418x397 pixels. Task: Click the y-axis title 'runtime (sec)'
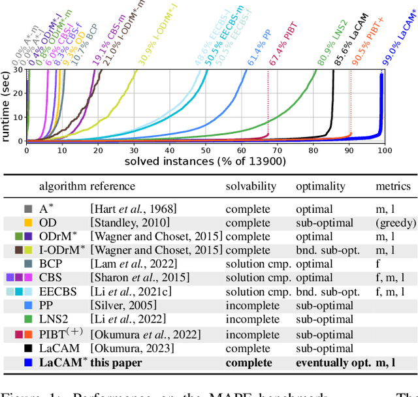[x=6, y=104]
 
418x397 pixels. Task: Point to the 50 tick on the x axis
[x=205, y=150]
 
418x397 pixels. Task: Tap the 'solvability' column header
[x=251, y=186]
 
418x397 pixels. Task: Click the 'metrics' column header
[x=393, y=186]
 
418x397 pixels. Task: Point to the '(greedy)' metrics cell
[x=396, y=223]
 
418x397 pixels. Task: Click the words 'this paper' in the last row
[x=116, y=362]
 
